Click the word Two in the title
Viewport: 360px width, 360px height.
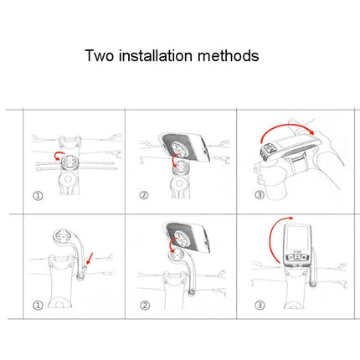pos(100,55)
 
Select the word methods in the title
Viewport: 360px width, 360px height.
pos(229,55)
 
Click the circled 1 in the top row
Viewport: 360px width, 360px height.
pos(38,196)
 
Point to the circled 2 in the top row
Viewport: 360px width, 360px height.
pos(144,195)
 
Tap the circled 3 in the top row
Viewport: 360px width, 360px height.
pos(260,194)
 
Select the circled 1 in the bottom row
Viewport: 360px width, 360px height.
pos(38,306)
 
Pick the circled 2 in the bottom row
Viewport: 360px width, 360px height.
pos(145,306)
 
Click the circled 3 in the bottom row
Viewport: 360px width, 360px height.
pos(260,305)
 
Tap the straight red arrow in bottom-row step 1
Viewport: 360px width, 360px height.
pos(90,258)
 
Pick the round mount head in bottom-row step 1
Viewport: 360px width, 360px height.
pos(63,237)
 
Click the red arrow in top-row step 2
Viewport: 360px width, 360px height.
pos(175,160)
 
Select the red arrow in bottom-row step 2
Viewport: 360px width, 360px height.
pos(173,244)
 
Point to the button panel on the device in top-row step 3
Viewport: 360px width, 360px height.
pos(270,148)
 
